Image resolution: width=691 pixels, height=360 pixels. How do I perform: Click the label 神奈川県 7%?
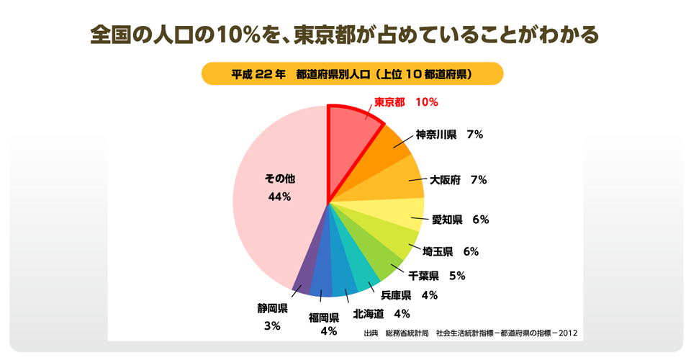coord(448,135)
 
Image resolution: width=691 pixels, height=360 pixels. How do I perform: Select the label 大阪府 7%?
coord(458,180)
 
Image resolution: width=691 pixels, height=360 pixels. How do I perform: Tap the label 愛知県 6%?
coord(460,220)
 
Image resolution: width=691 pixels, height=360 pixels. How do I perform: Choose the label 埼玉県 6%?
coord(451,251)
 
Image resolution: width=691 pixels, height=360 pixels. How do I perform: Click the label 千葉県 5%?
coord(437,275)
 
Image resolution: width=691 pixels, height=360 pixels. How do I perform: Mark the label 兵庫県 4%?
coord(409,294)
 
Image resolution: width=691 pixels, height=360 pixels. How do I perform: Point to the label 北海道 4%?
coord(381,313)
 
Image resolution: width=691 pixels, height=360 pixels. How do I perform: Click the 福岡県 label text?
coord(324,317)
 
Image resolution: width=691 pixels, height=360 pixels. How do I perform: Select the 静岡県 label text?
coord(273,308)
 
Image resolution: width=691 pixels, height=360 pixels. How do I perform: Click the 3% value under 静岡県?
coord(272,326)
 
